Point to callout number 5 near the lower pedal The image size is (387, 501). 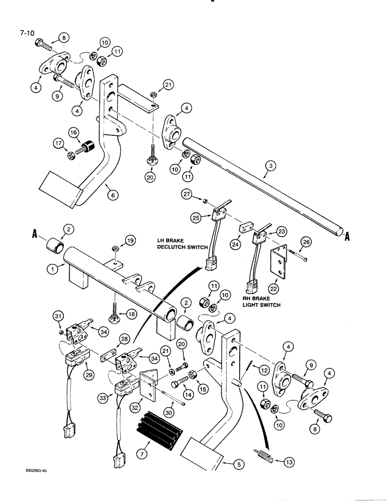(x=239, y=464)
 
